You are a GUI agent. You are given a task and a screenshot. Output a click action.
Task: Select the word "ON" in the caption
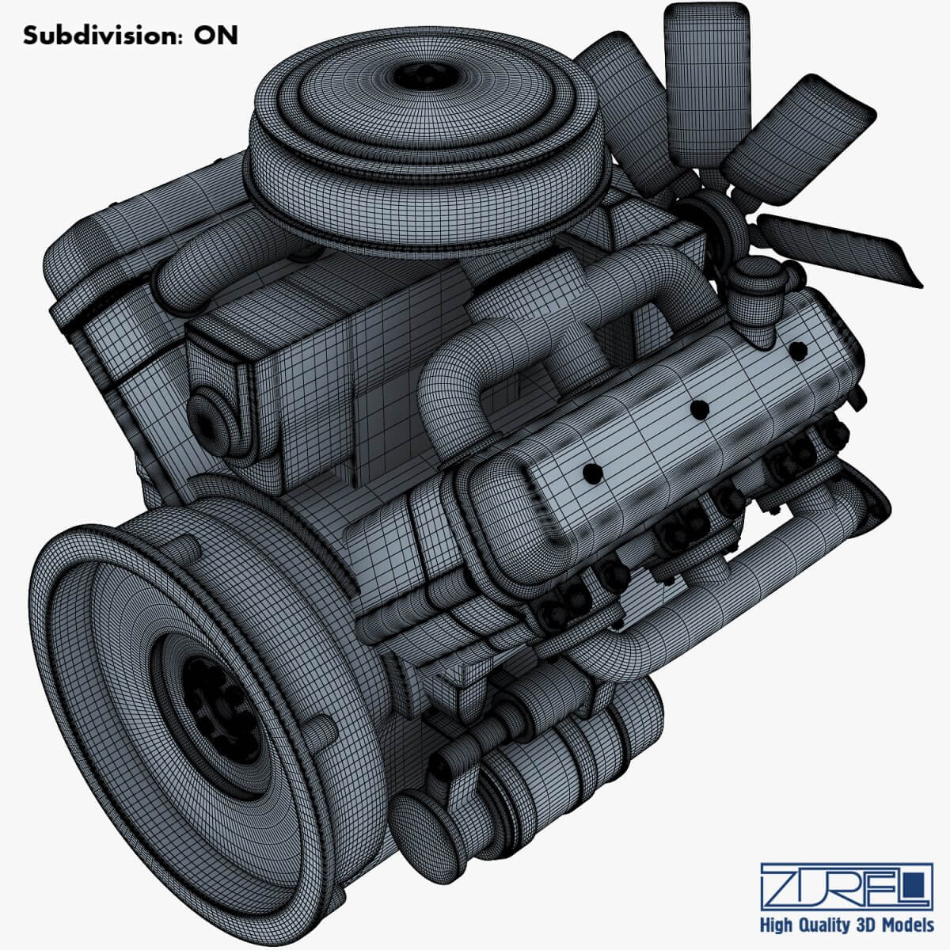pos(215,36)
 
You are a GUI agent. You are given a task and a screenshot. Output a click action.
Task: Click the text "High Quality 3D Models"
pos(846,925)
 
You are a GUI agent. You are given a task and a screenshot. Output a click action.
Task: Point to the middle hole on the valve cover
pos(698,408)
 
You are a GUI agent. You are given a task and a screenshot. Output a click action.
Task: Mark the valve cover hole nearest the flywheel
pos(591,472)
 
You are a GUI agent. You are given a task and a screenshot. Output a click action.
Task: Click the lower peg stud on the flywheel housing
pos(321,732)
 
